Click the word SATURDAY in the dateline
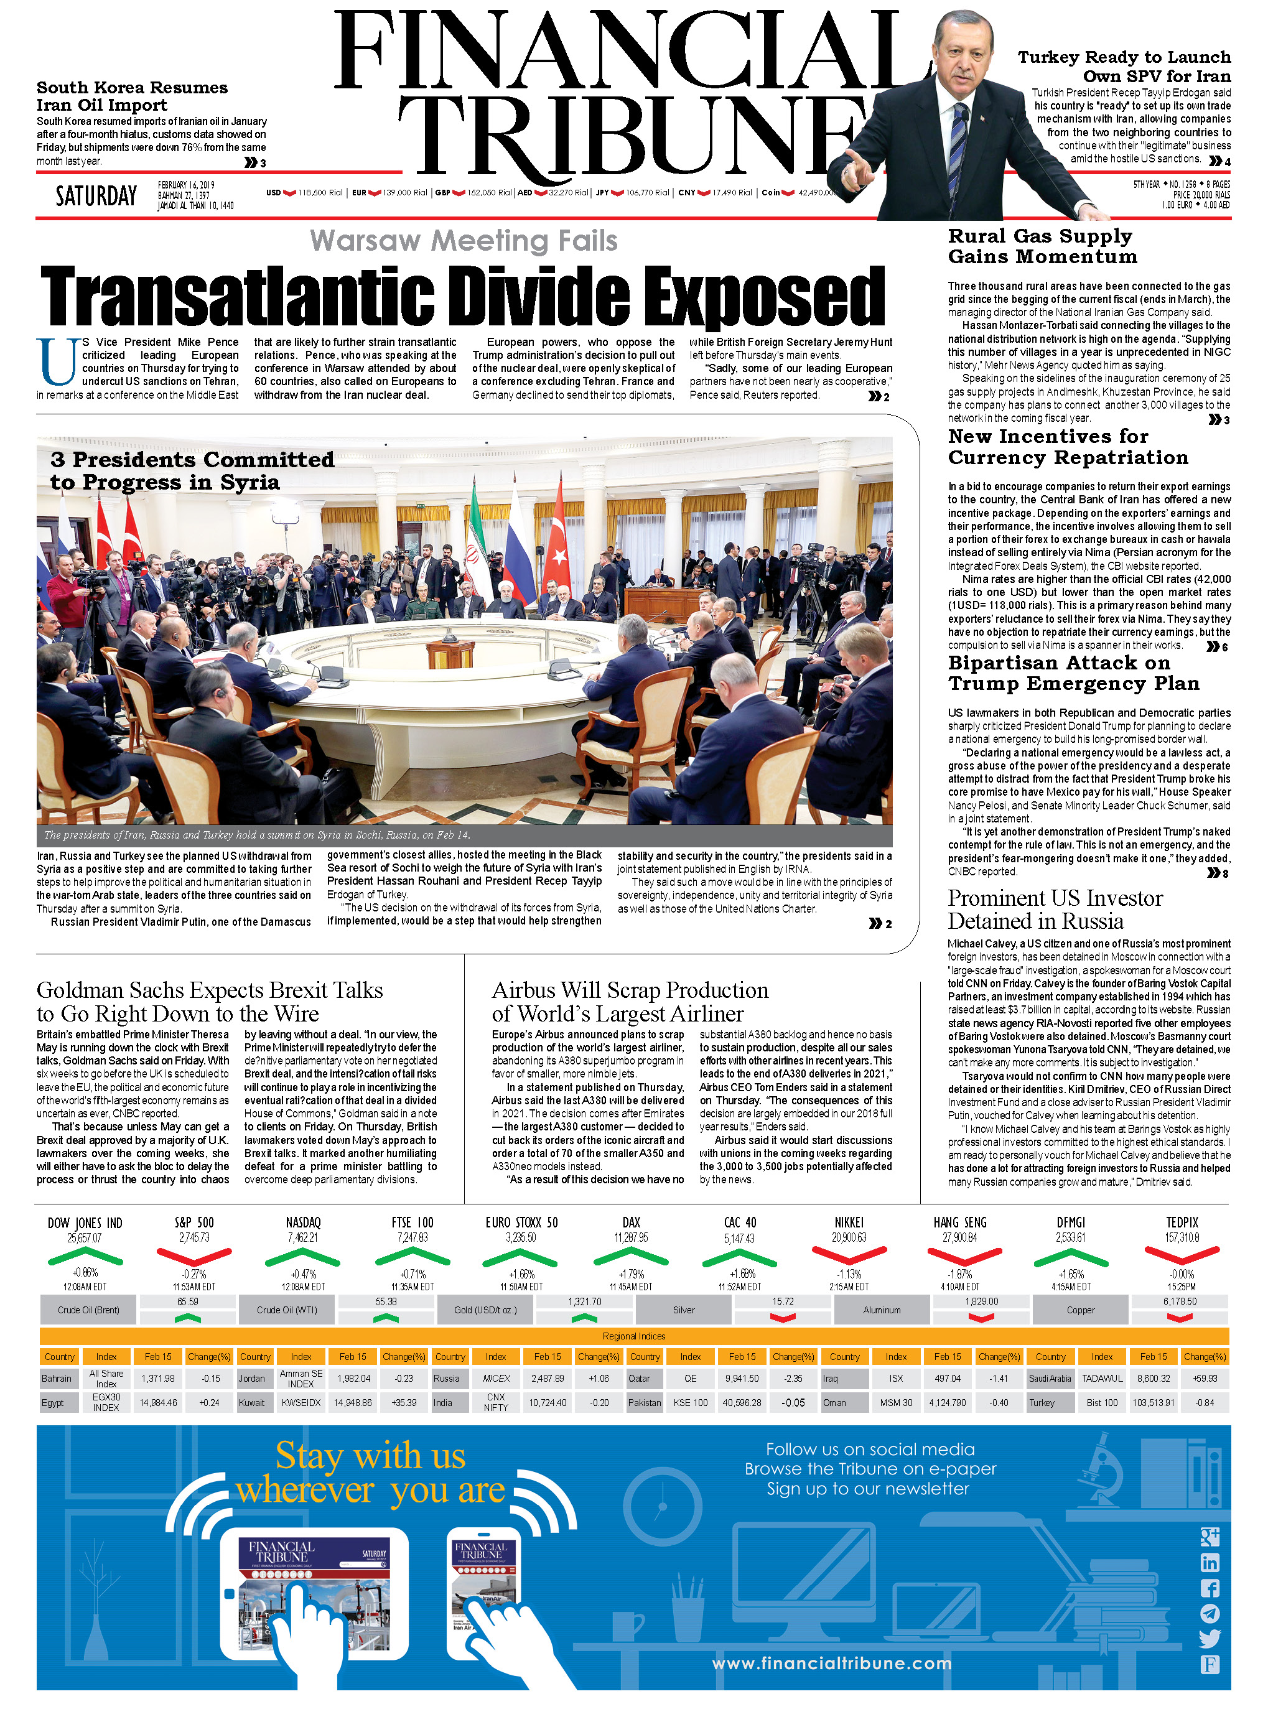tap(96, 197)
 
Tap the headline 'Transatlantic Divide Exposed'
tap(462, 296)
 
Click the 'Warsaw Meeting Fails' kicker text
tap(464, 241)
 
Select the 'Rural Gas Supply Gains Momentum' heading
tap(1042, 246)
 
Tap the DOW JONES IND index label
tap(85, 1222)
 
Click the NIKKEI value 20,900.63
tap(848, 1237)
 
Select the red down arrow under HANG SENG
tap(964, 1257)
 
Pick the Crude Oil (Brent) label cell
tap(88, 1310)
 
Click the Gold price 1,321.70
tap(584, 1301)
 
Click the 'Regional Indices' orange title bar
tap(633, 1336)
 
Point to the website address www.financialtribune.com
tap(831, 1664)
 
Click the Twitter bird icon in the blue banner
tap(1210, 1639)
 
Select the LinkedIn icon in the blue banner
tap(1210, 1563)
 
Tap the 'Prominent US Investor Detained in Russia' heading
tap(1055, 910)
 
